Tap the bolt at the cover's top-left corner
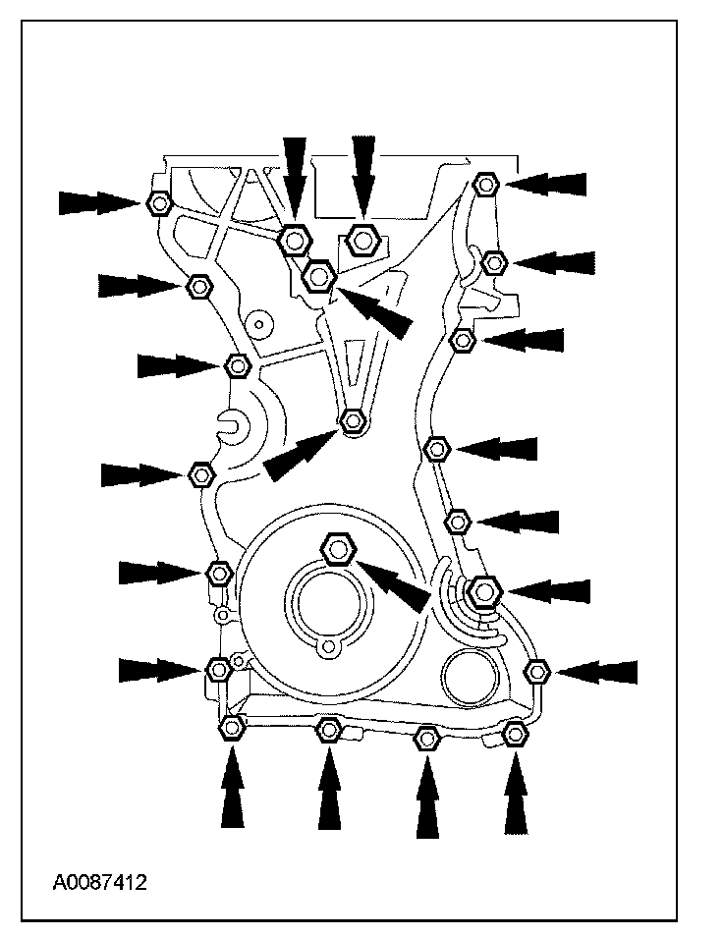[x=158, y=203]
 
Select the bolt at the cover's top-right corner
[x=485, y=184]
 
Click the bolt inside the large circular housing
[x=338, y=548]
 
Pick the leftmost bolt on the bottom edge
[x=231, y=728]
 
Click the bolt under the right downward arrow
[x=363, y=238]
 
